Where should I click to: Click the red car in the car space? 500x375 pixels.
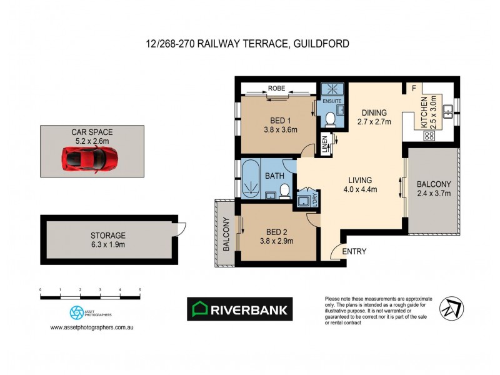90,159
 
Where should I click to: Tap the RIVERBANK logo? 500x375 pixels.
240,309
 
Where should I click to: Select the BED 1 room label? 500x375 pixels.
280,121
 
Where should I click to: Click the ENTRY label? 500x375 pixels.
354,252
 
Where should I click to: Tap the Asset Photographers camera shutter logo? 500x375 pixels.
76,312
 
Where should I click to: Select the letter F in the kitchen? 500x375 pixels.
414,89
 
